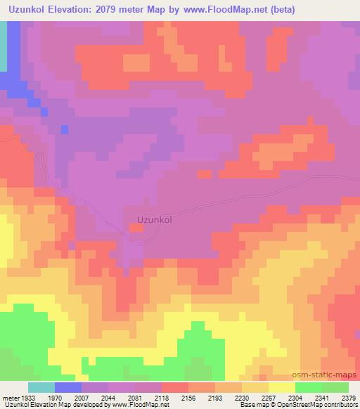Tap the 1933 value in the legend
pos(27,397)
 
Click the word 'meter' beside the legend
pos(9,397)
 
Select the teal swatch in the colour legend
pos(41,387)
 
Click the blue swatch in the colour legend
pos(67,387)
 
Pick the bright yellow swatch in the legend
pos(281,387)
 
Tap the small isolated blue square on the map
pos(65,129)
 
